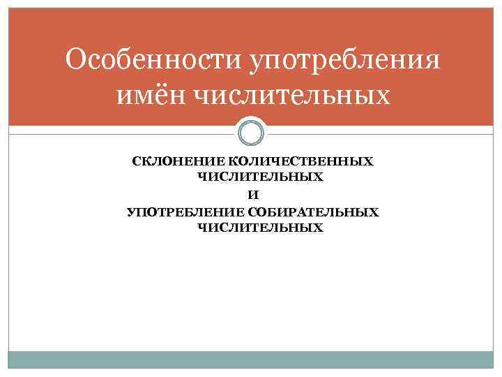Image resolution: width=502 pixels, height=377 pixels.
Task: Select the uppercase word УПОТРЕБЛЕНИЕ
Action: click(x=185, y=212)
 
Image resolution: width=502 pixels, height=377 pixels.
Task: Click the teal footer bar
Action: click(x=251, y=359)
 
